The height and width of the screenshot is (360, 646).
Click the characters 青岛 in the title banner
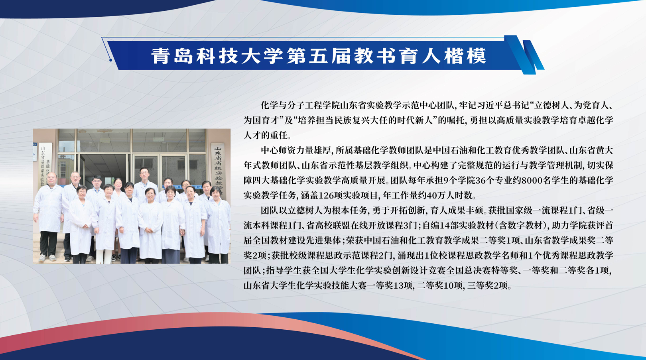(x=172, y=56)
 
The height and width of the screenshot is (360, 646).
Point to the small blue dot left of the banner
(x=110, y=60)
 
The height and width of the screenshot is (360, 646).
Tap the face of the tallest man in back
(x=144, y=174)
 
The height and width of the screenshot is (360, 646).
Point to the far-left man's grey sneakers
(x=47, y=258)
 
